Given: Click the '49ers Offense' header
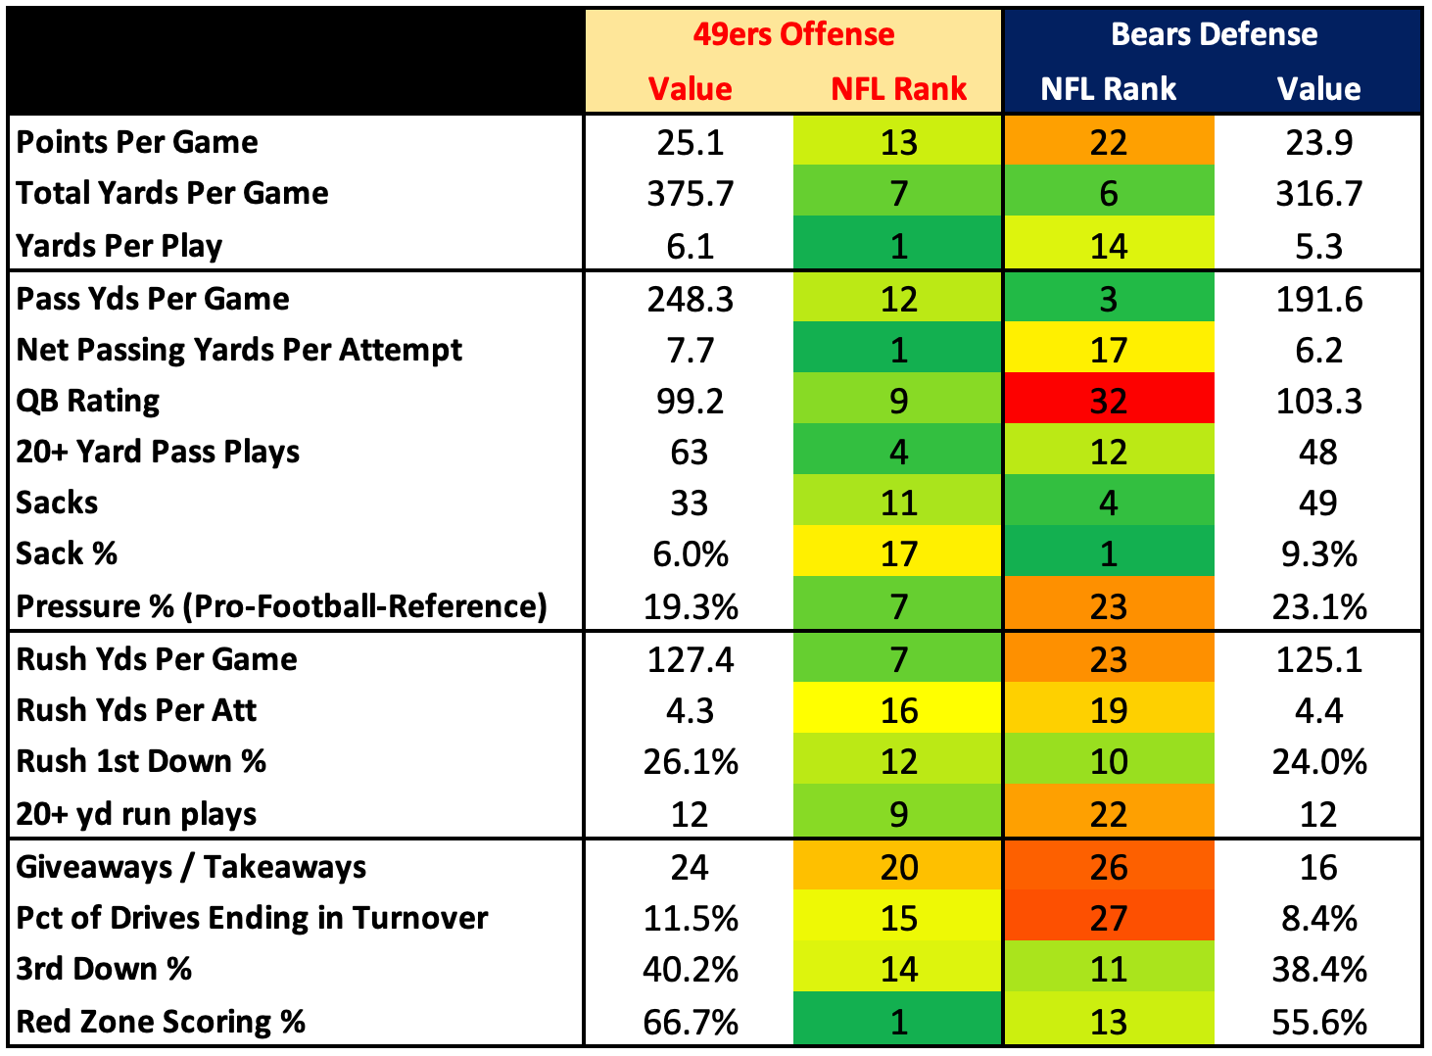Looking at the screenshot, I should tap(793, 34).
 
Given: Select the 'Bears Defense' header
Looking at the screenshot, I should tap(1213, 34).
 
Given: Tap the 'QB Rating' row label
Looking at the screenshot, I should tap(88, 401).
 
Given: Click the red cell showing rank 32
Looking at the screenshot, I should tap(1108, 401).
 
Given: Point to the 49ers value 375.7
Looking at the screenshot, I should tap(690, 193).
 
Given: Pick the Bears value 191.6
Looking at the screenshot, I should tap(1318, 299).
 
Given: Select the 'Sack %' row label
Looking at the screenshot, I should tap(67, 553).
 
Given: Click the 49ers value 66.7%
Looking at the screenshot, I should tap(690, 1022).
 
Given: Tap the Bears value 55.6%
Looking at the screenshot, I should tap(1318, 1022).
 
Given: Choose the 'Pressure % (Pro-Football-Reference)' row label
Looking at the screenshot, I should tap(281, 606).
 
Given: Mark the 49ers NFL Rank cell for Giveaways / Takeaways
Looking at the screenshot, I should tap(898, 867).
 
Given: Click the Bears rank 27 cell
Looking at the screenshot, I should tap(1108, 918).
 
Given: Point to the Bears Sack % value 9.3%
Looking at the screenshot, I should tap(1318, 553).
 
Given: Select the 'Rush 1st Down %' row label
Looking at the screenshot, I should tap(141, 761).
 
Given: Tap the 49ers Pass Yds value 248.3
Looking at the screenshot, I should tap(690, 299).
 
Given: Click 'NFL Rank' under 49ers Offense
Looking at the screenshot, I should tap(898, 89).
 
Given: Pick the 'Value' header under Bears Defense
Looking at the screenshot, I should tap(1318, 89).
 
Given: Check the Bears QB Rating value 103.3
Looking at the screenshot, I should tap(1318, 401).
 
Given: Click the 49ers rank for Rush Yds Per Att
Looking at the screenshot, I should tap(898, 710).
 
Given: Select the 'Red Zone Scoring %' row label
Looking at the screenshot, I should tap(161, 1022).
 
